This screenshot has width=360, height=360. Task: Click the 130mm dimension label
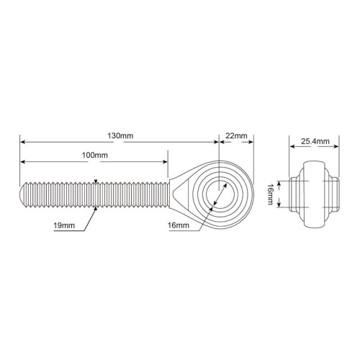120,136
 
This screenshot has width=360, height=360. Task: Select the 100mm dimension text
95,156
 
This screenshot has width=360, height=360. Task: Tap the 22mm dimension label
236,136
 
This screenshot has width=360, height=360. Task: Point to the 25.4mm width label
315,141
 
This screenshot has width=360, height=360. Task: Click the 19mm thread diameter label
64,225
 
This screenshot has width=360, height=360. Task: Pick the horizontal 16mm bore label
179,225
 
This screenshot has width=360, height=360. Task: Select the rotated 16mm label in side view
271,194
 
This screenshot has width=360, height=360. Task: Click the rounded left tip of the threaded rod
22,195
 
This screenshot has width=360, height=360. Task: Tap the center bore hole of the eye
220,194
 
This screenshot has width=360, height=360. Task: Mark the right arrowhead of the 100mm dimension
165,162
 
